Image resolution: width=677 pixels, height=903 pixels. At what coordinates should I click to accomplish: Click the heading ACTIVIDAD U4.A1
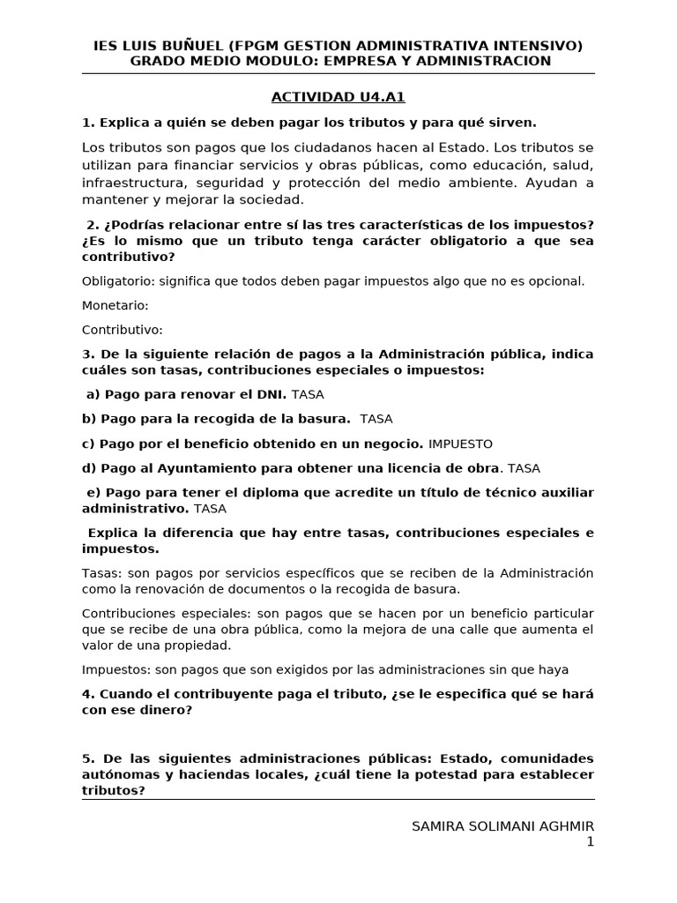(x=338, y=97)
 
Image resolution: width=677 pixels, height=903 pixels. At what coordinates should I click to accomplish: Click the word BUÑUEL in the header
(x=190, y=46)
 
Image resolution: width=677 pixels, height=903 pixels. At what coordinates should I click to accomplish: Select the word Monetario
(x=115, y=305)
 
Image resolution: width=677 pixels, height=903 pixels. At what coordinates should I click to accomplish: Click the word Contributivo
(x=123, y=330)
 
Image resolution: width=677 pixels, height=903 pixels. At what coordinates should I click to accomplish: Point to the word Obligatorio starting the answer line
(x=118, y=281)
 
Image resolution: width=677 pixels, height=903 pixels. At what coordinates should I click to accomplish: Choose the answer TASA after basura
(x=376, y=419)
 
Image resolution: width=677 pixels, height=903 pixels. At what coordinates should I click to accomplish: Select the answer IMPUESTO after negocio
(x=460, y=444)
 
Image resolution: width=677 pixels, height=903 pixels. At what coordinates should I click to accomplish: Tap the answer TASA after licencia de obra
(x=526, y=468)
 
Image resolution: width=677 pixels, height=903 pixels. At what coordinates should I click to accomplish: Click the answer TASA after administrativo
(x=210, y=509)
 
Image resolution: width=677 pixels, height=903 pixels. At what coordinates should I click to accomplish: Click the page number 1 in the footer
(x=590, y=842)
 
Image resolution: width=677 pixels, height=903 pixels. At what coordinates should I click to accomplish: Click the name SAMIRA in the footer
(x=440, y=825)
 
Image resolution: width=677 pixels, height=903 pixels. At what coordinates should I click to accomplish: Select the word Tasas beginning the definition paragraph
(x=101, y=573)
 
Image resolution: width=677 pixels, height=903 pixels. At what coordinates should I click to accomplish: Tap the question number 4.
(x=86, y=694)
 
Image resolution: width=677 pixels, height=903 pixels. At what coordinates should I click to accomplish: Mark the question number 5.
(x=86, y=758)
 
